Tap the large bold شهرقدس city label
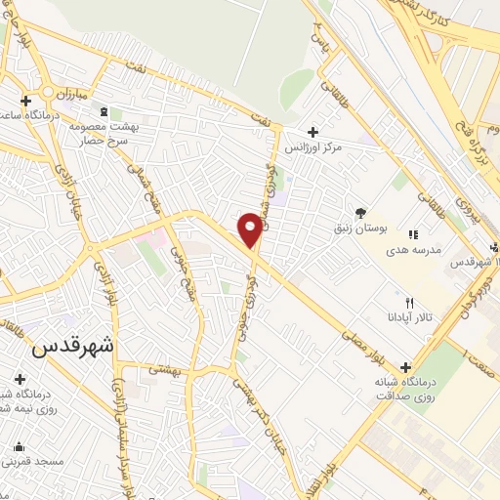point(73,346)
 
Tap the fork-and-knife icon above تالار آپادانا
point(410,302)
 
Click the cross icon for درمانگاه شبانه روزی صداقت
point(404,367)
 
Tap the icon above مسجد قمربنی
point(17,444)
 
